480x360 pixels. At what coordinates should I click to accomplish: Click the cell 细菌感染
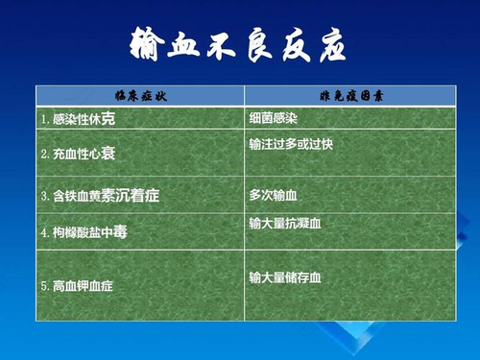(275, 119)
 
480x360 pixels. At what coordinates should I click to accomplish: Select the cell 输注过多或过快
(291, 144)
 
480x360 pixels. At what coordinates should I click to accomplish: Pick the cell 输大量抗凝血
(286, 224)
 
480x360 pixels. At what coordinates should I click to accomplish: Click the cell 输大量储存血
(286, 278)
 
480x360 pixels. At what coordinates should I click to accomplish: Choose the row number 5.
(44, 286)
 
